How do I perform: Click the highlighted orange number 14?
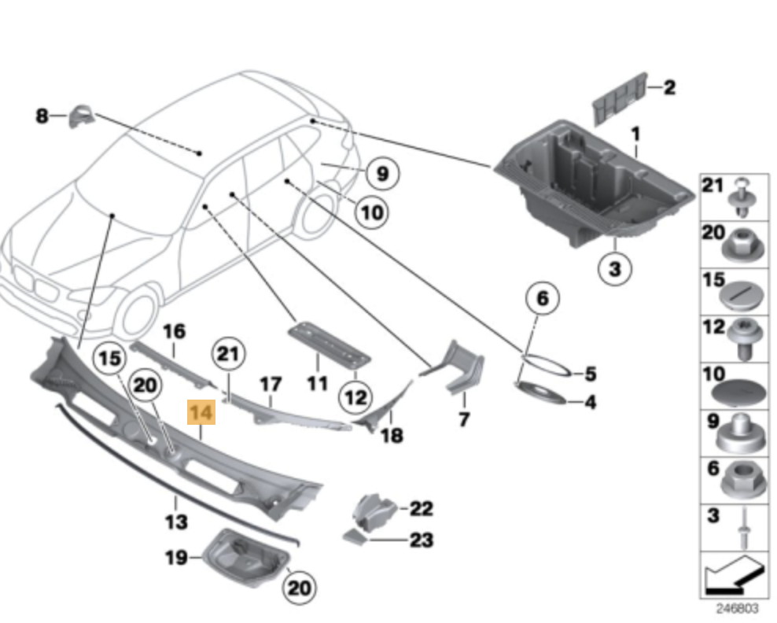click(x=201, y=412)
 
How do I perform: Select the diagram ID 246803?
click(x=737, y=608)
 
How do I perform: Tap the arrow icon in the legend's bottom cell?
click(x=734, y=576)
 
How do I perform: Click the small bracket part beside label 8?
click(x=81, y=116)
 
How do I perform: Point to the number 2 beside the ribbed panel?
click(x=669, y=88)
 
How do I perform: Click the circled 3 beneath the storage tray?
click(x=614, y=269)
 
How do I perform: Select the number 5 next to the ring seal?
click(x=590, y=374)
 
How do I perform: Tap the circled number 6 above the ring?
click(x=543, y=298)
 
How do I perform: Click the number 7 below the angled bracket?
click(x=463, y=419)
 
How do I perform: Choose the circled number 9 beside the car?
click(x=382, y=174)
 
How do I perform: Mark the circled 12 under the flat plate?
click(x=355, y=397)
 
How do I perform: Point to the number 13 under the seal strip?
click(x=176, y=522)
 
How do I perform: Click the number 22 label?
click(x=422, y=508)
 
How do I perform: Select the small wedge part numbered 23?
click(x=355, y=536)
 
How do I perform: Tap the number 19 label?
click(x=176, y=558)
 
